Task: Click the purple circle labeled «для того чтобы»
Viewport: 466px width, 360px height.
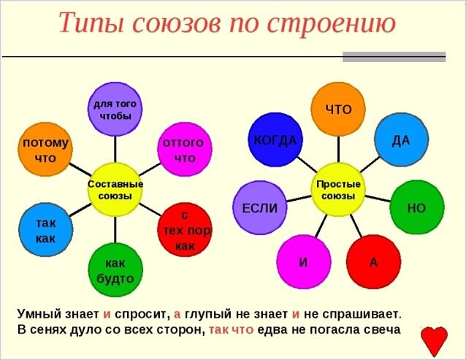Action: tap(115, 110)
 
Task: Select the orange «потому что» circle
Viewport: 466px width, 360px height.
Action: tap(45, 149)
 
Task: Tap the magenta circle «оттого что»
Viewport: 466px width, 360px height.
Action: tap(185, 149)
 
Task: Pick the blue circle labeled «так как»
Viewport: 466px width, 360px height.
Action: tap(46, 229)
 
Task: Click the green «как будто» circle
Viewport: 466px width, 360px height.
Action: tap(115, 269)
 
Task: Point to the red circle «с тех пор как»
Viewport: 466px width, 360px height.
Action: tap(185, 229)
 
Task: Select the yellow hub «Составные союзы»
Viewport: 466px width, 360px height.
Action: tap(115, 190)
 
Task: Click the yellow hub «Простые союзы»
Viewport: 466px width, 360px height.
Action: tap(338, 190)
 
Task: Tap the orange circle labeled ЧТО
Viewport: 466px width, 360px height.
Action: tap(338, 110)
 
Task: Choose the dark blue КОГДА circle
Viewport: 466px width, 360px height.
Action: tap(275, 139)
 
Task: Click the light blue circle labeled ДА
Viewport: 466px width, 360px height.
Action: tap(401, 139)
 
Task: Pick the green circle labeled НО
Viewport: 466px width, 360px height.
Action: tap(417, 207)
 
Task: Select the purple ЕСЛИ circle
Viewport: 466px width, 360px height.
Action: tap(260, 207)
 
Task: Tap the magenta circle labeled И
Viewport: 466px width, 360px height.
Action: tap(304, 261)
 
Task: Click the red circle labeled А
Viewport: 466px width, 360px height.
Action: tap(373, 261)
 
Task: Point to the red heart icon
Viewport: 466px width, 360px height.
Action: tap(434, 340)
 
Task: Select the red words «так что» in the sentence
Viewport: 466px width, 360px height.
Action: tap(232, 330)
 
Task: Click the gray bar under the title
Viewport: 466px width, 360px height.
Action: tap(394, 57)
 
